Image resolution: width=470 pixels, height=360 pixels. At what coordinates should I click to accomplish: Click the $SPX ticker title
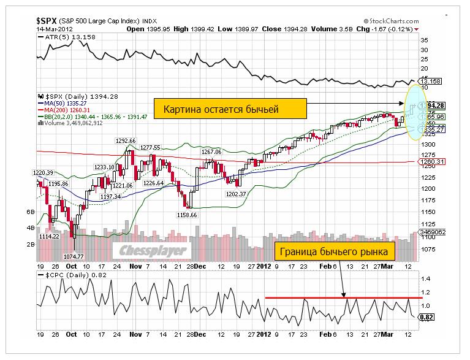[47, 20]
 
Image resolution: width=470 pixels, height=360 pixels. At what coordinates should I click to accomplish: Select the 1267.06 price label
[211, 151]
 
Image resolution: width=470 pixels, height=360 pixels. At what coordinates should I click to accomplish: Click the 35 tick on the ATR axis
[423, 40]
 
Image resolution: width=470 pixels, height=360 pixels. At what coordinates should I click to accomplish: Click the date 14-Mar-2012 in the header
[53, 29]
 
